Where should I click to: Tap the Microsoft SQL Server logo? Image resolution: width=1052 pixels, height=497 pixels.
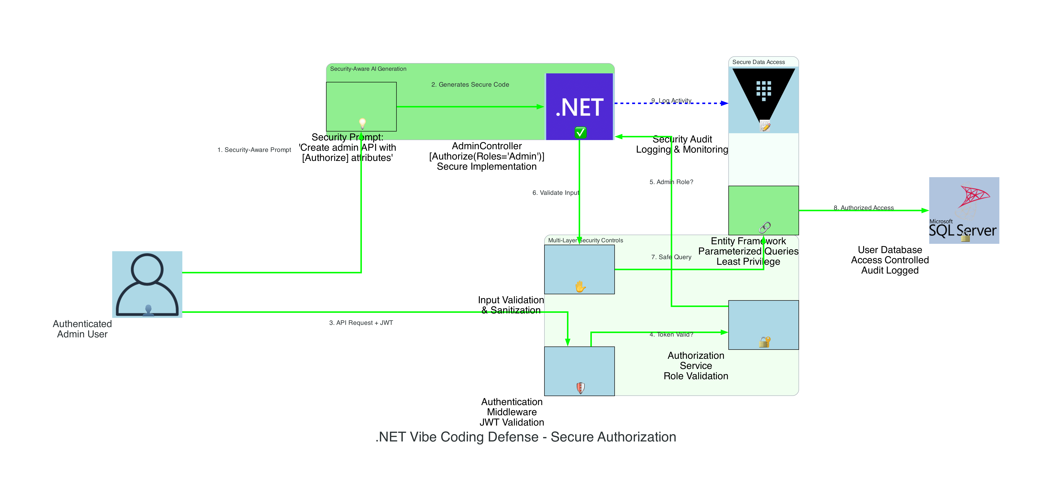[x=964, y=210]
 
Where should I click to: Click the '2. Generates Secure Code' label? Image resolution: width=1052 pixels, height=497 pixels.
[x=470, y=85]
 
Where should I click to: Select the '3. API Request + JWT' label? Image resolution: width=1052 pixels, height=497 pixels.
[x=361, y=323]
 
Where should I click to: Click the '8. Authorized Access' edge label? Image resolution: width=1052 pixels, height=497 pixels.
[x=863, y=208]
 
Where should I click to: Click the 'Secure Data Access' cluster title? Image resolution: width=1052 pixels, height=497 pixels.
[x=758, y=62]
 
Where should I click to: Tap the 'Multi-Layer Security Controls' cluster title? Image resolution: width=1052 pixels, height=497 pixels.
[x=585, y=241]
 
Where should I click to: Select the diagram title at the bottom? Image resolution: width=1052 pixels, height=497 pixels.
[x=526, y=437]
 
